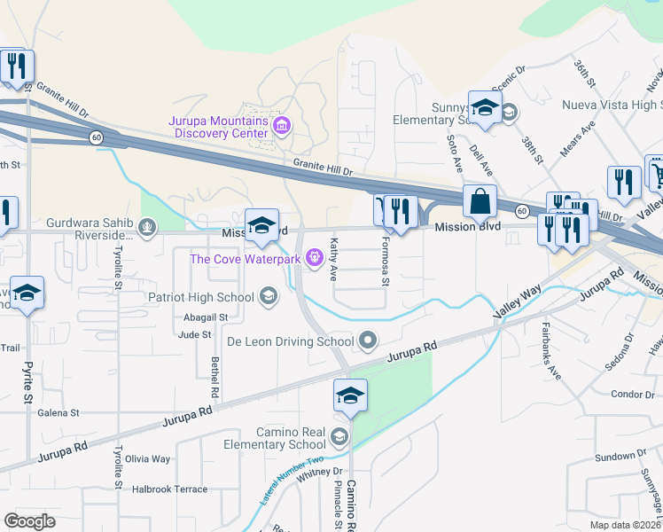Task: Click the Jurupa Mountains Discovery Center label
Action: [221, 127]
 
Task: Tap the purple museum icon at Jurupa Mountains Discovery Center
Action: [282, 124]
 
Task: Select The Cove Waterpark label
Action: [246, 258]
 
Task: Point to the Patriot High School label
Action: [202, 297]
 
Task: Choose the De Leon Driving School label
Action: [291, 340]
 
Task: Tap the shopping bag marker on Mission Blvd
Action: [480, 202]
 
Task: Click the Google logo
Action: [30, 521]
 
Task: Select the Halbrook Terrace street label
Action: [169, 489]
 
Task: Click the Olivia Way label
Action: [147, 458]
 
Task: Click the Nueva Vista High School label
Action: [612, 105]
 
